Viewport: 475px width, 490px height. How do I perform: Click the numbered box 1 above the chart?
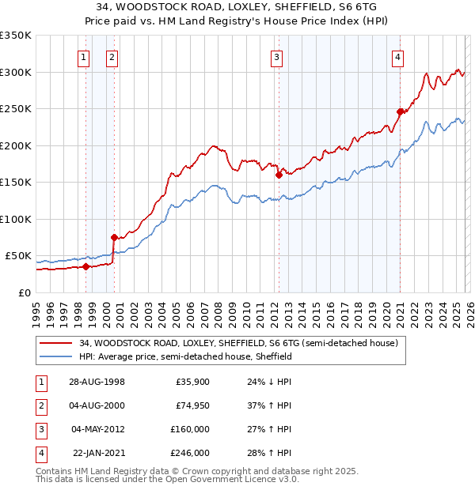84,57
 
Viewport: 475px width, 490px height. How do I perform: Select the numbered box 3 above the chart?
276,57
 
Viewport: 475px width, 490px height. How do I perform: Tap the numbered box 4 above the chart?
397,57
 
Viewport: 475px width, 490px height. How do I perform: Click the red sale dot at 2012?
279,175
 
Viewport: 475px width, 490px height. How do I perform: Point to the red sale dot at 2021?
401,111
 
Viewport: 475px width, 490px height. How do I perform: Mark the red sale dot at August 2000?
114,237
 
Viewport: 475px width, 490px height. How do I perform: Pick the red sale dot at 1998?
86,266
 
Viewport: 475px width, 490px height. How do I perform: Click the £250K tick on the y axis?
16,109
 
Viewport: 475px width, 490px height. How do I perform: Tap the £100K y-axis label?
16,219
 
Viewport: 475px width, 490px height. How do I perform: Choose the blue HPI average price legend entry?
186,356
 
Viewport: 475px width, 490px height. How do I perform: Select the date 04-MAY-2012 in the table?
98,429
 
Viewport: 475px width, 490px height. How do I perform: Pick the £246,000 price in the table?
190,453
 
